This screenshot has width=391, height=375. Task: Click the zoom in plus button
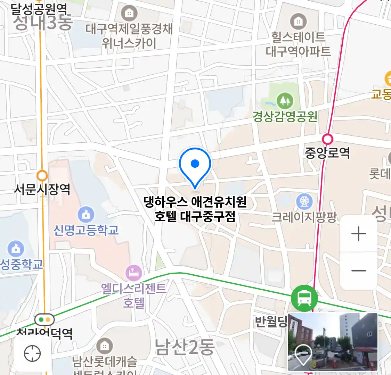[x=359, y=234]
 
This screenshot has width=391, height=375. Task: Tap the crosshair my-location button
[x=32, y=353]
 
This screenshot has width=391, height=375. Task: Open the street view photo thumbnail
[x=333, y=342]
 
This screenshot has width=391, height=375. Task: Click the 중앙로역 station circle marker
[x=327, y=139]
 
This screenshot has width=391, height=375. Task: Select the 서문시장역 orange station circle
[x=42, y=175]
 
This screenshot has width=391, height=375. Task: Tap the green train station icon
[x=304, y=298]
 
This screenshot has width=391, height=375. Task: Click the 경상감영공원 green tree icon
[x=285, y=101]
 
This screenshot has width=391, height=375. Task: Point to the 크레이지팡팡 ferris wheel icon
[x=304, y=201]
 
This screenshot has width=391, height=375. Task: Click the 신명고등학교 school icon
[x=86, y=215]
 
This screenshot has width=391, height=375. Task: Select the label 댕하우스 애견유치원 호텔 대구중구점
[x=195, y=209]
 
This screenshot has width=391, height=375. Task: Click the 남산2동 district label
[x=184, y=347]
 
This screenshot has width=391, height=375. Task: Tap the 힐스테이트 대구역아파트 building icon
[x=298, y=22]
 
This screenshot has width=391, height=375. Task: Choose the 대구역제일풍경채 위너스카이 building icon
[x=129, y=14]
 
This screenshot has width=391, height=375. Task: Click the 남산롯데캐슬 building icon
[x=104, y=346]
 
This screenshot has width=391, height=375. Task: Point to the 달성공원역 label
[x=39, y=9]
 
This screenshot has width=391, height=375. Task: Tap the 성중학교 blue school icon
[x=16, y=249]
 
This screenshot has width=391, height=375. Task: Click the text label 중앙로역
[x=327, y=153]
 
